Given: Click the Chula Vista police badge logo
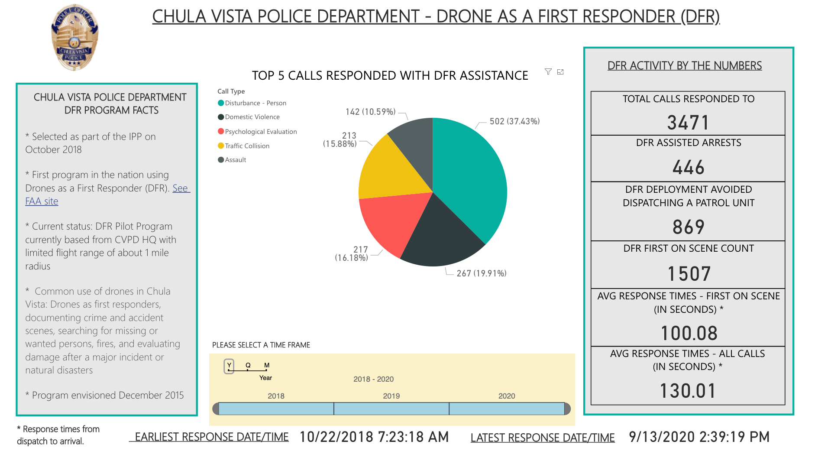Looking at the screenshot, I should click(x=74, y=37).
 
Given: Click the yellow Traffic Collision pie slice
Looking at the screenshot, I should click(x=394, y=173).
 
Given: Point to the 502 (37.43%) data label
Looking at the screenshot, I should click(x=514, y=121).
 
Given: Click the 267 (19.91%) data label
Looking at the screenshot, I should click(x=481, y=273).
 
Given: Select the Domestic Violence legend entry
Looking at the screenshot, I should click(x=252, y=117).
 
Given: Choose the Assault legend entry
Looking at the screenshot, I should click(x=235, y=160).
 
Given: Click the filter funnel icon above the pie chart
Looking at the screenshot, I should click(x=548, y=72).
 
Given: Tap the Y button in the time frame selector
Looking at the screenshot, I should click(x=229, y=366).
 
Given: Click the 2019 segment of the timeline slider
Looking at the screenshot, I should click(x=391, y=409).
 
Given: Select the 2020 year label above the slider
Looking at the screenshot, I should click(x=506, y=396).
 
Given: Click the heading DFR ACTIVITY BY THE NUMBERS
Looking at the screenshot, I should click(x=684, y=66).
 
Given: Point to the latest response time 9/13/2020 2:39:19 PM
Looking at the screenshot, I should click(x=698, y=437).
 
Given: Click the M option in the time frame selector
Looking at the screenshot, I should click(x=267, y=366).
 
